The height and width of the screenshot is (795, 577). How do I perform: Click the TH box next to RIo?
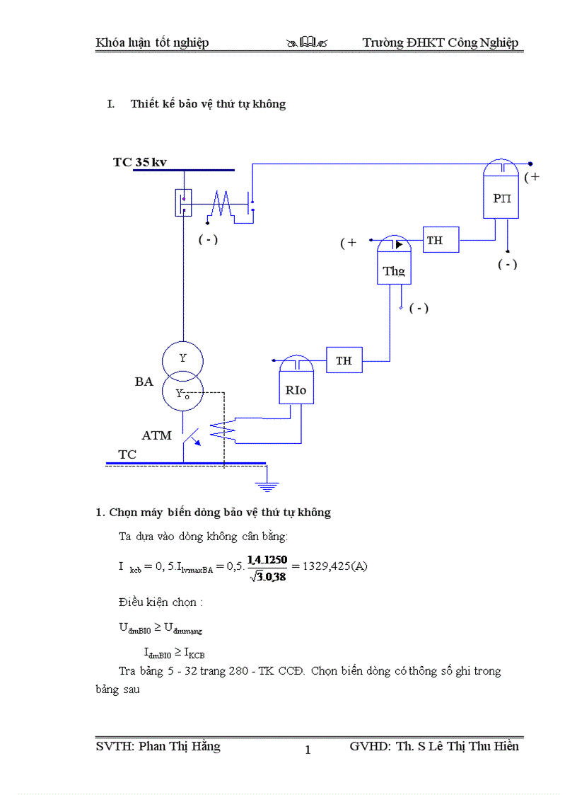click(x=344, y=360)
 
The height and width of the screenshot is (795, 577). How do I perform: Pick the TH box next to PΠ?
click(x=441, y=240)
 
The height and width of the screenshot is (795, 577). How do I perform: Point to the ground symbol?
click(x=267, y=486)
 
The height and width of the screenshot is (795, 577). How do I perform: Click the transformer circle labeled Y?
click(x=182, y=358)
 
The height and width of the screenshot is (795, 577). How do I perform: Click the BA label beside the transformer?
click(x=144, y=382)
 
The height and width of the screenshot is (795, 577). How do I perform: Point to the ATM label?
click(x=156, y=435)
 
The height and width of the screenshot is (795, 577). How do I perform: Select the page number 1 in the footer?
click(x=308, y=750)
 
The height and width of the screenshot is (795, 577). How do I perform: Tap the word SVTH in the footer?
click(x=114, y=746)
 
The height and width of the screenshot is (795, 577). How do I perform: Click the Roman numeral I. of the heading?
click(x=110, y=104)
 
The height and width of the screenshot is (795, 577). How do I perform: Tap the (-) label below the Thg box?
click(x=419, y=308)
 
